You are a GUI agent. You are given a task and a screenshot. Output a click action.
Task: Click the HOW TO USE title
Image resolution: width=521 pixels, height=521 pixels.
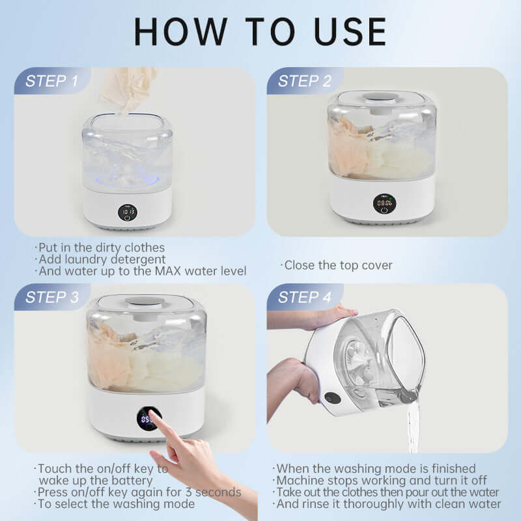[260, 31]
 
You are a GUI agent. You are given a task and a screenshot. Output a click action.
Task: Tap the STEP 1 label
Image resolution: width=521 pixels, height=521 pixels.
[51, 81]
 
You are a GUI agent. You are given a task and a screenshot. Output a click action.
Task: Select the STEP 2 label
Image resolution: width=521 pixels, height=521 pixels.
[303, 81]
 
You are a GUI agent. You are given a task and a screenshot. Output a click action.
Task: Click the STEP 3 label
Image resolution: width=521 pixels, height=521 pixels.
[51, 298]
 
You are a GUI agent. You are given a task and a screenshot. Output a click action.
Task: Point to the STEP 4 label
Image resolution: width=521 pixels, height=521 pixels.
[303, 298]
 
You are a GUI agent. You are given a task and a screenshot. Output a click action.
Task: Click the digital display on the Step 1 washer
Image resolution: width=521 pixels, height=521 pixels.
[128, 212]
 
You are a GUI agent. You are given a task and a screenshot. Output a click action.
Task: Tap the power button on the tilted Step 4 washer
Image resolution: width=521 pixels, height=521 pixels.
[333, 397]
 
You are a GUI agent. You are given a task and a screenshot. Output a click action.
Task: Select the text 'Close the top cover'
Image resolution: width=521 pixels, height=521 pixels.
[337, 265]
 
